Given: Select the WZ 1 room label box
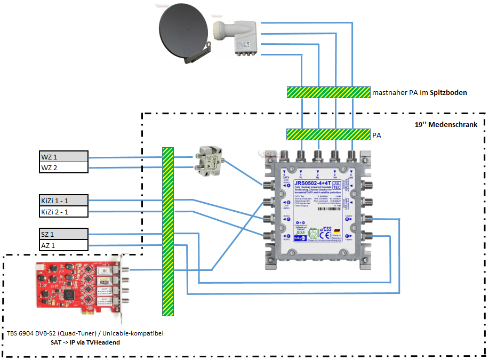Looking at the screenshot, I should [60, 156].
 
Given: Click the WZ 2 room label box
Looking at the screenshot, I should [60, 167].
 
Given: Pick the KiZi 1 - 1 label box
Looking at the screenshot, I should [60, 201].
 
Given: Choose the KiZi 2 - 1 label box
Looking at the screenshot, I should [60, 212].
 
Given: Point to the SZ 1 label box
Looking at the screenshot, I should [60, 234].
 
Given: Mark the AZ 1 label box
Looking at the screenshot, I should [60, 245].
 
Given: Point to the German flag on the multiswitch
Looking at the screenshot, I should [336, 230].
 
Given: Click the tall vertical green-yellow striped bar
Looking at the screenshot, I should [168, 231].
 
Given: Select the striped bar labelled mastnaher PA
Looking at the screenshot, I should [328, 92].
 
